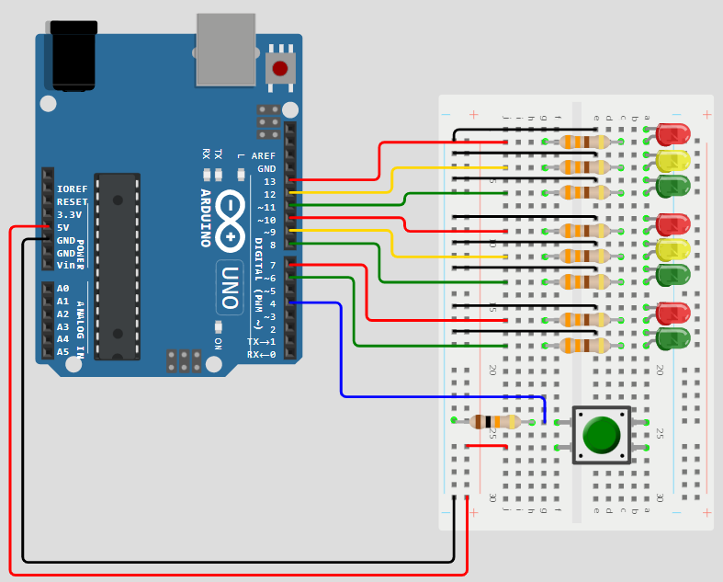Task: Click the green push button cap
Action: pyautogui.click(x=602, y=434)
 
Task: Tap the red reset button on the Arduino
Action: pyautogui.click(x=280, y=67)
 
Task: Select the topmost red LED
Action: pyautogui.click(x=673, y=134)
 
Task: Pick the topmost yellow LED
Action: pyautogui.click(x=673, y=160)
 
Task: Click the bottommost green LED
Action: pyautogui.click(x=673, y=338)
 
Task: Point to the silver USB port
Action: pyautogui.click(x=225, y=50)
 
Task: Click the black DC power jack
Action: pyautogui.click(x=73, y=55)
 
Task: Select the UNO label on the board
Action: pyautogui.click(x=231, y=287)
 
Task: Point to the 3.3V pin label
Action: pyautogui.click(x=69, y=214)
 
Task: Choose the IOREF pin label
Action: pyautogui.click(x=72, y=188)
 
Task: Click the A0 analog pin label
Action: pyautogui.click(x=62, y=288)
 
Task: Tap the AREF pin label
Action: pyautogui.click(x=264, y=156)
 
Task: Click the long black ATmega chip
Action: pyautogui.click(x=117, y=267)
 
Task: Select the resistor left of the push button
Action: pyautogui.click(x=494, y=422)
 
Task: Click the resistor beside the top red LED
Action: pyautogui.click(x=583, y=142)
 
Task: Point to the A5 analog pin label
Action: pyautogui.click(x=62, y=351)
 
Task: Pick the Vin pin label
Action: pyautogui.click(x=66, y=265)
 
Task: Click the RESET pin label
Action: pyautogui.click(x=72, y=201)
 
